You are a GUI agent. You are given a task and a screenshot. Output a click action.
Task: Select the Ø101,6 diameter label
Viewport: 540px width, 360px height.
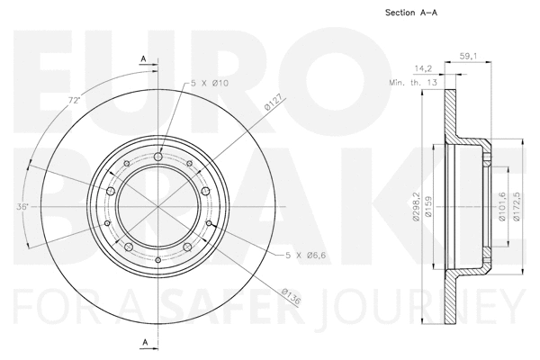point(502,205)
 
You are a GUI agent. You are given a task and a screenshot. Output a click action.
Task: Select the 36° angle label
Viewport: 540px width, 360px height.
point(22,206)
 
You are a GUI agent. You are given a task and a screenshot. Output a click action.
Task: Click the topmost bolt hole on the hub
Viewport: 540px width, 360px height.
point(158,158)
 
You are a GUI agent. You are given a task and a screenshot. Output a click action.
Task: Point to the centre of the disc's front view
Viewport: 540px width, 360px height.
point(158,206)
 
